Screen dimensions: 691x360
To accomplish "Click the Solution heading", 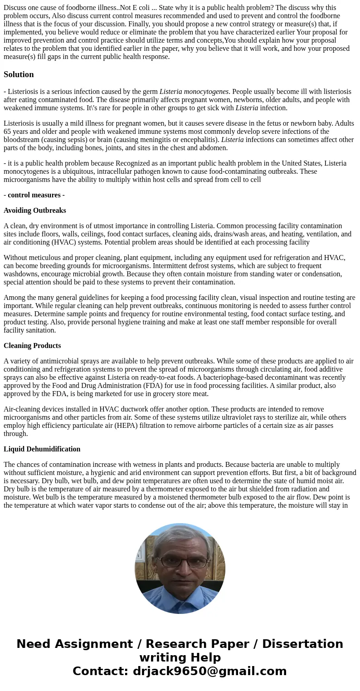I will (x=19, y=74).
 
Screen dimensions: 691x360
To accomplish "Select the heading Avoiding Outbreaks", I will (x=35, y=211).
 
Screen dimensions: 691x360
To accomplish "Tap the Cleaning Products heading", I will (x=32, y=346).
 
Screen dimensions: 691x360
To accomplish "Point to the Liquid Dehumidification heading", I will (x=42, y=449).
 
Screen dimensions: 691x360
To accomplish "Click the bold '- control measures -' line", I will (x=34, y=195).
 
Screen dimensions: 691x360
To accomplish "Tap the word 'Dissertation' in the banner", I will (x=302, y=644).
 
